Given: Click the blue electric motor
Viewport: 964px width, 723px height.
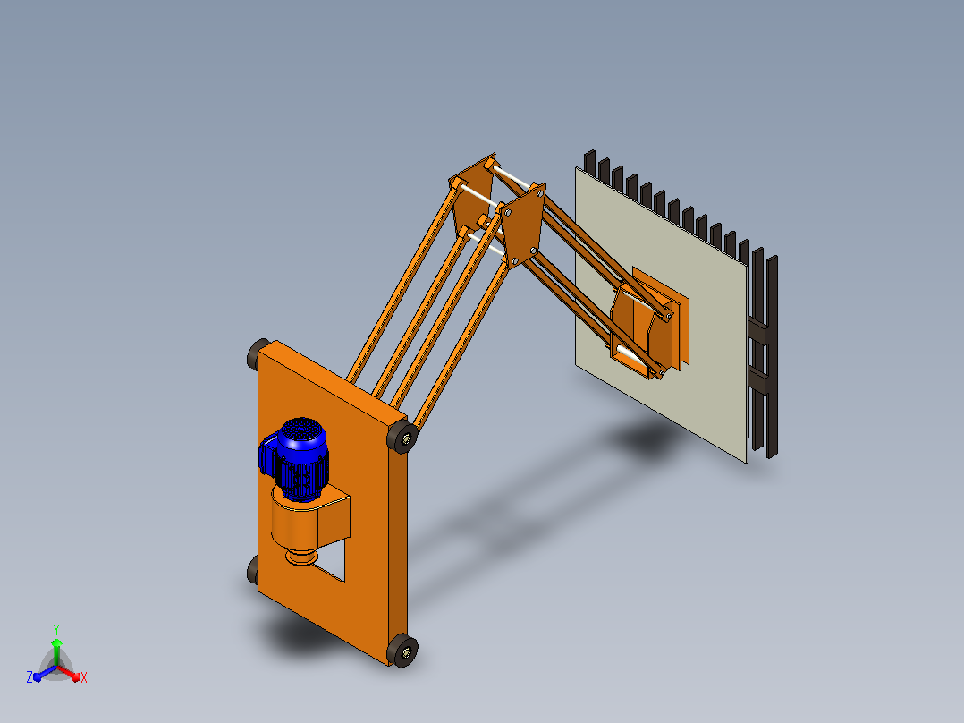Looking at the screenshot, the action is (x=295, y=459).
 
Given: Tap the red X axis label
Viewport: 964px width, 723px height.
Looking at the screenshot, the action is (x=84, y=677).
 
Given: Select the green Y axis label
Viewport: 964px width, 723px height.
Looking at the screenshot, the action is (x=56, y=629).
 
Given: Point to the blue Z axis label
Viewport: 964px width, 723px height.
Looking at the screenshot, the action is (x=30, y=676).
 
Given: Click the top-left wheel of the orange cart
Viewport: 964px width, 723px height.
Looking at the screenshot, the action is (x=258, y=353).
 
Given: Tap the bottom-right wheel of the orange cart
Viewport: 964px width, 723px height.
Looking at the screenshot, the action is (x=402, y=651).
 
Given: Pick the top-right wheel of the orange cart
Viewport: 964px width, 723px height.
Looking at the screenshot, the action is (x=402, y=437).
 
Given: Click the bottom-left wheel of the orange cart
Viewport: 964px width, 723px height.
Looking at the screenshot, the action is (x=253, y=570).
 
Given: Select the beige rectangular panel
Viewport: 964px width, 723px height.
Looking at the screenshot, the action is (x=661, y=314).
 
